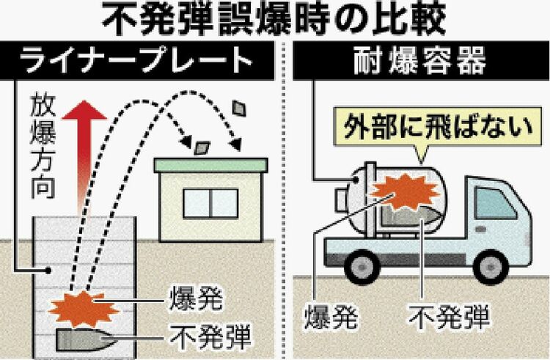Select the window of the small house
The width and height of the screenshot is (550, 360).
(211, 201)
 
